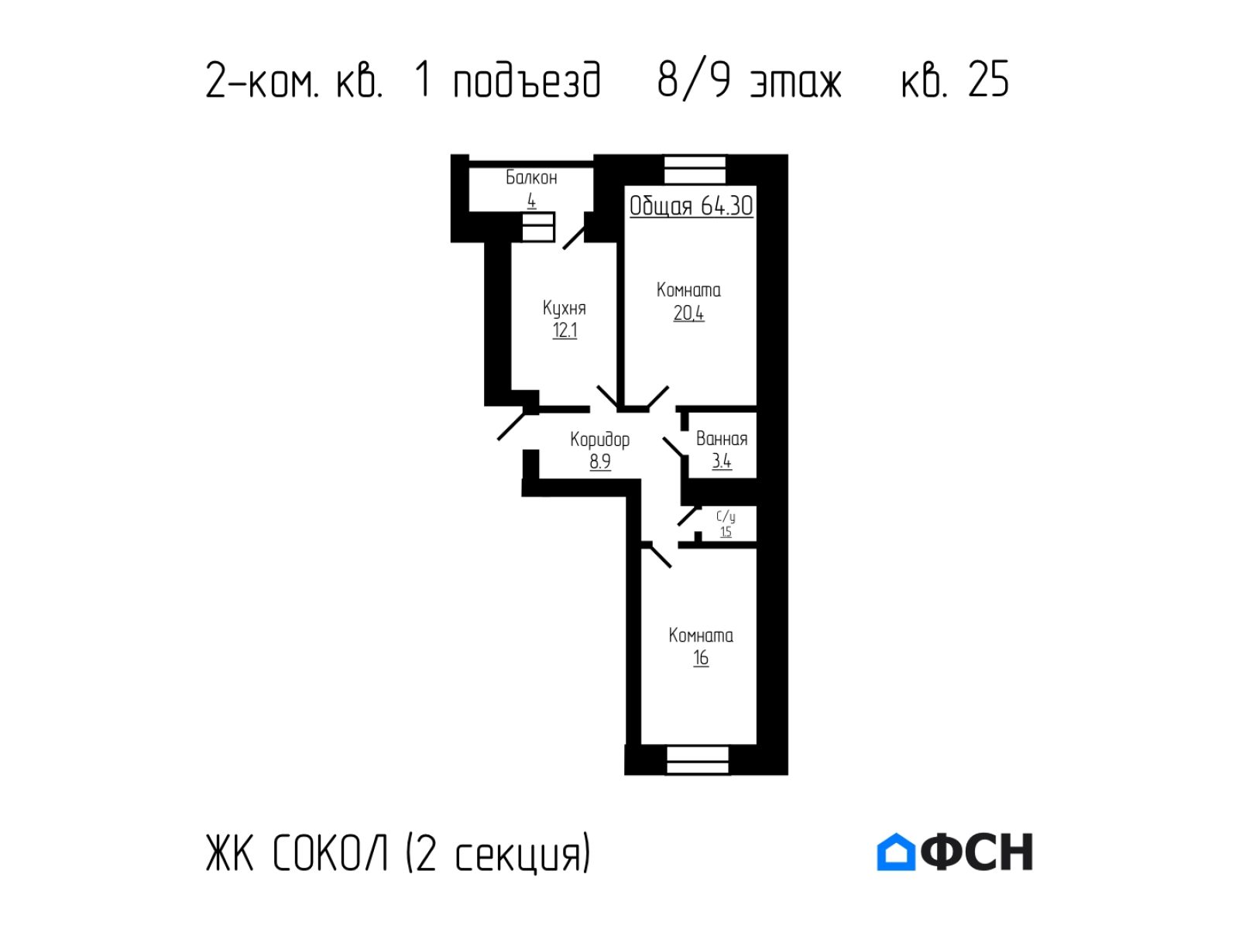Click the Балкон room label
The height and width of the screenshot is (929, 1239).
coord(531,178)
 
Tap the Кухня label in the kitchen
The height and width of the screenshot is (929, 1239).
coord(564,308)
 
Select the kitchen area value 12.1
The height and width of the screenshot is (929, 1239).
coord(565,330)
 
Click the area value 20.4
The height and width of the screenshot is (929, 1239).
coord(688,313)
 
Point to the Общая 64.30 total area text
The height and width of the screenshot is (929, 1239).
coord(691,206)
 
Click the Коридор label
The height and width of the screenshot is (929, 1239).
coord(599,440)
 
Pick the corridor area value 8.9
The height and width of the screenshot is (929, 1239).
coord(600,461)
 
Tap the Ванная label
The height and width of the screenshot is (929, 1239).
coord(722,438)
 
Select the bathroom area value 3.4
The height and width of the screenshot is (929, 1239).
coord(722,461)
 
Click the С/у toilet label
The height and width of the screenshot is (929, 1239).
coord(726,516)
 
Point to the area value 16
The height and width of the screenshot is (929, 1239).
coord(701,658)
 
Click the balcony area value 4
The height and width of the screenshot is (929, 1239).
coord(531,201)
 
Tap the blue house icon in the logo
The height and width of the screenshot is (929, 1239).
coord(896,852)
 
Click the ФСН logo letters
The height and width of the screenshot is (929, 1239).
coord(976,852)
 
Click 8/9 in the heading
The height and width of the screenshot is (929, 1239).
coord(695,80)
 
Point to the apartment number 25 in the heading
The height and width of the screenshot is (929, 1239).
coord(988,79)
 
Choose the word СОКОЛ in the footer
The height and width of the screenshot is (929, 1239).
coord(331,852)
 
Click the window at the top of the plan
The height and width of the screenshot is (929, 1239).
coord(695,170)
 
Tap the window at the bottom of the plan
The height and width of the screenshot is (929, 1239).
coord(698,759)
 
